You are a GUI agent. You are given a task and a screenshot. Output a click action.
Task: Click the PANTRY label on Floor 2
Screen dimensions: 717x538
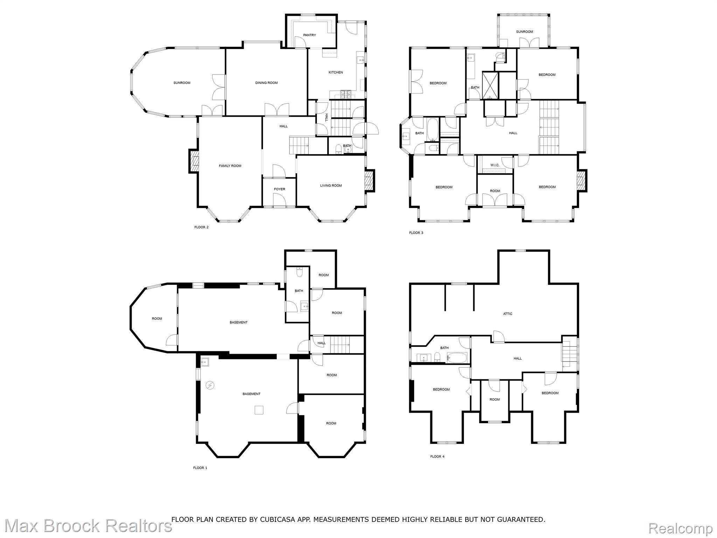pos(309,35)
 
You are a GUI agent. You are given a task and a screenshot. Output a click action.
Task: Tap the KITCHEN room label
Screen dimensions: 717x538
pos(335,73)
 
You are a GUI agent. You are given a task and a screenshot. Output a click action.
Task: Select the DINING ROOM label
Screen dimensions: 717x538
pos(266,83)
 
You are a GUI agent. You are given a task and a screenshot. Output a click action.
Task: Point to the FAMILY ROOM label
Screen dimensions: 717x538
pos(230,166)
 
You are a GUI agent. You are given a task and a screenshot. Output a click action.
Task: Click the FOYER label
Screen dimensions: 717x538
pos(279,189)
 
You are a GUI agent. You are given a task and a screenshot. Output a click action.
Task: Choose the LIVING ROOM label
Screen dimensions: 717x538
pos(331,186)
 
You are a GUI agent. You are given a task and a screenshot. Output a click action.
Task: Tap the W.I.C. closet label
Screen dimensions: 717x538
pos(495,165)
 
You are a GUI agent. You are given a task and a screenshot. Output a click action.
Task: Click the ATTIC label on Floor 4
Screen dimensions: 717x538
pos(508,314)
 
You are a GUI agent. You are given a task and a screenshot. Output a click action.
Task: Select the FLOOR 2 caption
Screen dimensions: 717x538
pos(201,227)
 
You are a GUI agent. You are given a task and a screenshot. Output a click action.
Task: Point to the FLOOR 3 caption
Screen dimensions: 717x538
pos(416,233)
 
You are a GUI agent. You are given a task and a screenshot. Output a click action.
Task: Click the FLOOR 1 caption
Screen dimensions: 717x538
pos(200,468)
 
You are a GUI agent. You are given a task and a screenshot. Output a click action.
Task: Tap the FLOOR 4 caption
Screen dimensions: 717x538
pos(437,457)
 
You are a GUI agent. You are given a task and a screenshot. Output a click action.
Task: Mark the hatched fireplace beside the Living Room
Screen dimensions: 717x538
pos(370,181)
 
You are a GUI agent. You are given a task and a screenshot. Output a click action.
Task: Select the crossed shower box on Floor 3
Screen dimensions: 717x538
pos(490,85)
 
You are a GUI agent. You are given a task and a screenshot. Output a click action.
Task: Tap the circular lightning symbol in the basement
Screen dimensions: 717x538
pos(210,385)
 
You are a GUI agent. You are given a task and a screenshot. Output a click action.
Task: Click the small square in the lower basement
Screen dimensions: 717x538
pos(259,410)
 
